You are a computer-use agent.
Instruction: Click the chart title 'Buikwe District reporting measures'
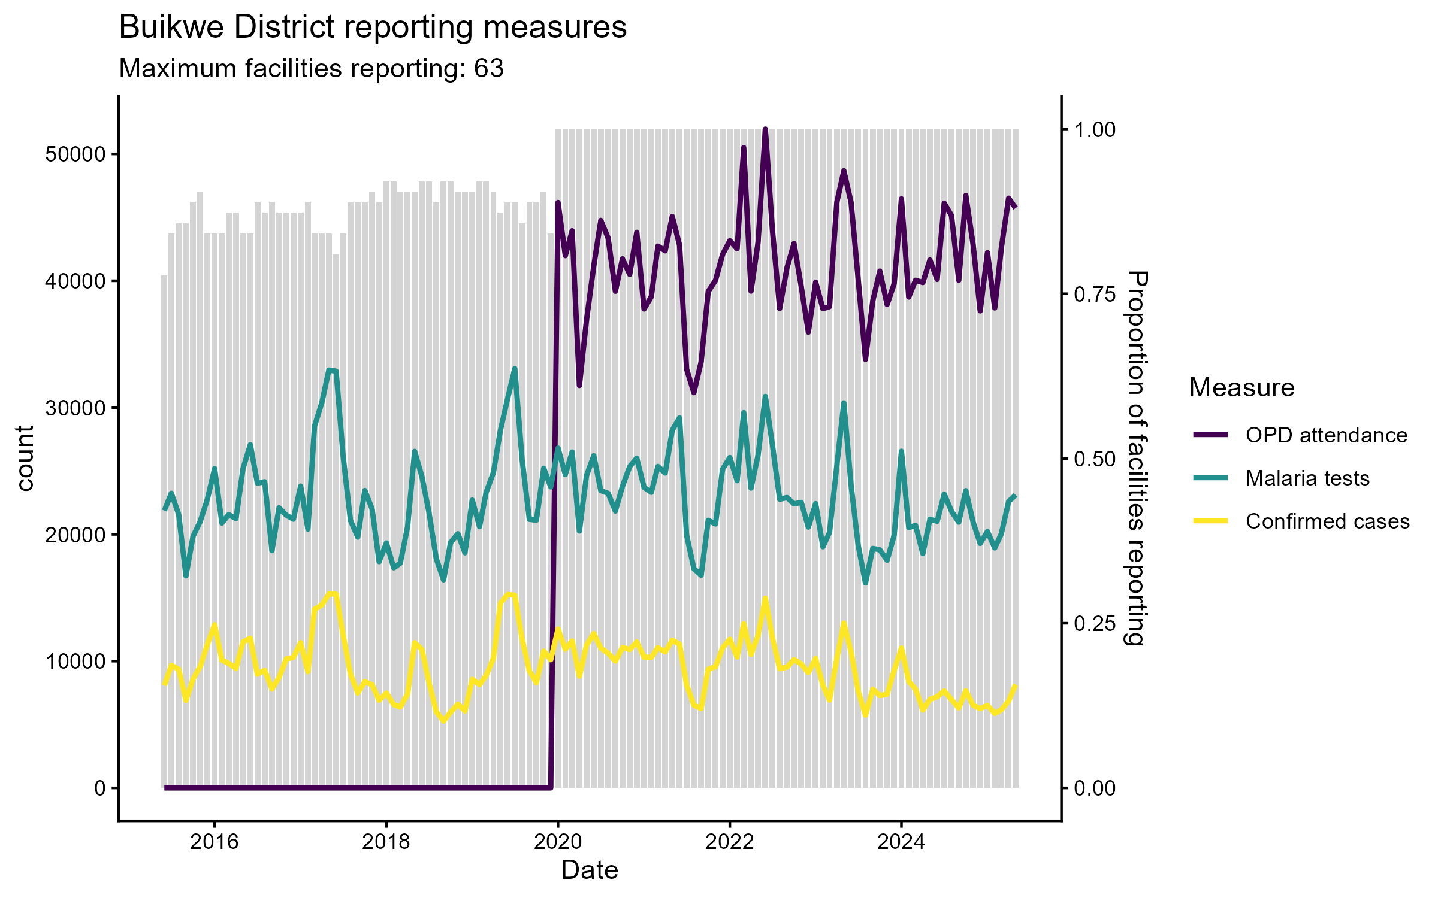(x=373, y=28)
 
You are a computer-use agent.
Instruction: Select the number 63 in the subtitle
(x=489, y=69)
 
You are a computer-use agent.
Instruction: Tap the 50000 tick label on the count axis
(x=75, y=154)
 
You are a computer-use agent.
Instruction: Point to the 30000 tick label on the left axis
(x=75, y=408)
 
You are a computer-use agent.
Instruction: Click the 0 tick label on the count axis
(x=99, y=788)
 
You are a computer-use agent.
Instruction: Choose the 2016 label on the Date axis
(x=214, y=842)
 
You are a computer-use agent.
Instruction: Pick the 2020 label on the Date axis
(x=558, y=842)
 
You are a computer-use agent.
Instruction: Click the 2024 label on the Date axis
(x=901, y=842)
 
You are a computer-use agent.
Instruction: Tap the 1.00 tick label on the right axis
(x=1095, y=130)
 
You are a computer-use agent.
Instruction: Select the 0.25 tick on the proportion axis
(x=1095, y=624)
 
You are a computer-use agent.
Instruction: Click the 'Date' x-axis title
(x=590, y=870)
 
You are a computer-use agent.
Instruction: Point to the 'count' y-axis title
(x=25, y=459)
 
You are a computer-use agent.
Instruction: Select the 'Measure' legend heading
(x=1241, y=388)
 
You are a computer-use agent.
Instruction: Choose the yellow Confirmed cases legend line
(x=1210, y=521)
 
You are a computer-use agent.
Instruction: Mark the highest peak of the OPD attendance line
(x=765, y=129)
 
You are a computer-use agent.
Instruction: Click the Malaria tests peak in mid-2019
(x=515, y=369)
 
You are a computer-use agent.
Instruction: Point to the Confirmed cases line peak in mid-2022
(x=765, y=599)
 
